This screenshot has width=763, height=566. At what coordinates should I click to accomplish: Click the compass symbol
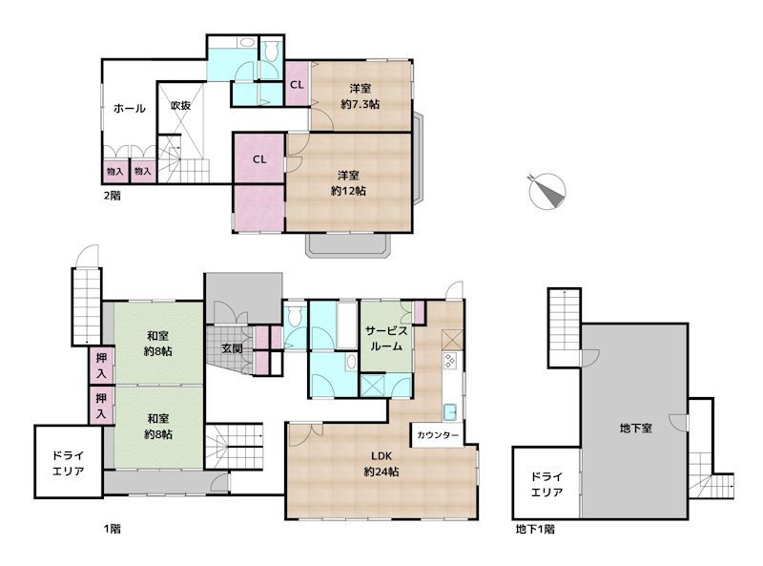coord(546,191)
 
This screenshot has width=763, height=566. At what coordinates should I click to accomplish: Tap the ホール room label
coord(130,109)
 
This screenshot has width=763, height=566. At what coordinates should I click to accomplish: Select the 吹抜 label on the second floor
coord(180,105)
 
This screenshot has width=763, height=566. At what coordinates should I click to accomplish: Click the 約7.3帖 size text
coord(361,104)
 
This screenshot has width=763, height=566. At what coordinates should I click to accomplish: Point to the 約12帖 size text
coord(348,191)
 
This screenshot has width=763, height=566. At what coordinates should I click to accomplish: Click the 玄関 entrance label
coord(232,348)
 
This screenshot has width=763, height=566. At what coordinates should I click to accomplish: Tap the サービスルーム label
coord(386,339)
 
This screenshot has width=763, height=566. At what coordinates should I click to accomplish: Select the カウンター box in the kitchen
coord(438,434)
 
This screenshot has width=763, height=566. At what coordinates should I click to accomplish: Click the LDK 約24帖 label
coord(381,464)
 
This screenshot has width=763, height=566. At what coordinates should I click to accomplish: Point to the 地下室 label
coord(635,429)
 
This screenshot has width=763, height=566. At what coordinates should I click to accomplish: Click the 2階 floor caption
coord(113,196)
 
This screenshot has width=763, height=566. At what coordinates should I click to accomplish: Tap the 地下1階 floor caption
coord(535,529)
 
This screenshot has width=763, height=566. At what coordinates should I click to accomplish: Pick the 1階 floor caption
coord(113,529)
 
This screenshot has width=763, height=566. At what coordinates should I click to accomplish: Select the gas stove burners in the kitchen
coord(449,361)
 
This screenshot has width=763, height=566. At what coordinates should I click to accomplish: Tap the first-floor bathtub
coord(347,325)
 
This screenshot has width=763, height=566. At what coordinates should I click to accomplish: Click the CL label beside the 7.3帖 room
coord(297,85)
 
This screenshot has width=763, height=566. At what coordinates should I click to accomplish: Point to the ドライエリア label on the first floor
coord(68,464)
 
